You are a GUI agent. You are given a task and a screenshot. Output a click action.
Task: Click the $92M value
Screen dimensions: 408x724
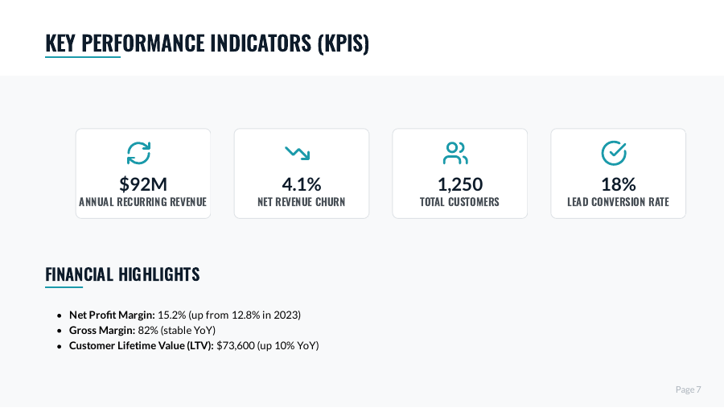click(x=142, y=184)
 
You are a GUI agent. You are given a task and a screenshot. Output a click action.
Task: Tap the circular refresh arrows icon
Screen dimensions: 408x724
click(x=139, y=152)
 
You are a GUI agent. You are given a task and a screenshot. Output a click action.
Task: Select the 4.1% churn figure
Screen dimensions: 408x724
click(x=301, y=184)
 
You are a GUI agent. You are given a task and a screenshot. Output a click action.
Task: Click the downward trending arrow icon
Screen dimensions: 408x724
click(x=298, y=152)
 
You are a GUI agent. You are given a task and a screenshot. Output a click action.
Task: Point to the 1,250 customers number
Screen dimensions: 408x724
click(x=459, y=184)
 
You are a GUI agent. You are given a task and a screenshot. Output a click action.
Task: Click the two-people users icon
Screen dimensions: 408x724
click(x=455, y=152)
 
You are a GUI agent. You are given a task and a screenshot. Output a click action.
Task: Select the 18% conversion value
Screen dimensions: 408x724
click(x=618, y=184)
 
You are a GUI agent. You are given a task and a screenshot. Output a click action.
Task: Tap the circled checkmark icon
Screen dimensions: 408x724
click(x=614, y=152)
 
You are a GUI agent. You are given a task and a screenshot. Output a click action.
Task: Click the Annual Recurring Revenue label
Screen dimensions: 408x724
click(x=142, y=202)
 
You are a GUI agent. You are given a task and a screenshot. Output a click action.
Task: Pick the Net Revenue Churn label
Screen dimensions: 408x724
click(x=301, y=202)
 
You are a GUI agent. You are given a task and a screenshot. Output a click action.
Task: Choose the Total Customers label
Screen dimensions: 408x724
click(x=459, y=202)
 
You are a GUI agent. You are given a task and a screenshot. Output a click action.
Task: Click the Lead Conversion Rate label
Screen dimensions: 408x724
click(x=618, y=202)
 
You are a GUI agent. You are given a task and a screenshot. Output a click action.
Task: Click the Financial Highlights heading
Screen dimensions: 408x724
click(x=122, y=274)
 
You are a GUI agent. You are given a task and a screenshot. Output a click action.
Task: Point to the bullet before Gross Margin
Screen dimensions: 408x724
click(x=60, y=331)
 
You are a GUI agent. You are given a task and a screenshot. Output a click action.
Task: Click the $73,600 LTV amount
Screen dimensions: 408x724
click(x=235, y=346)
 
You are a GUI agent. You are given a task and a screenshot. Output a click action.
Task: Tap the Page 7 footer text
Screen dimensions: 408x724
click(x=688, y=389)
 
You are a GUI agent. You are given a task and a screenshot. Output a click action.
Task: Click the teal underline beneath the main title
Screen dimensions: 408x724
click(x=83, y=57)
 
